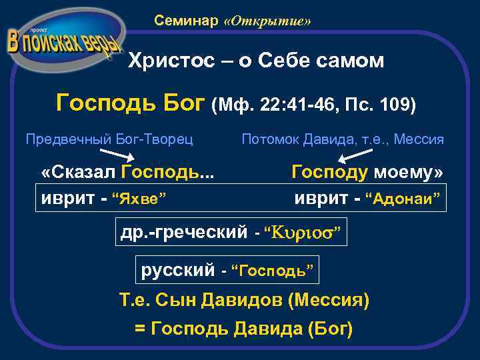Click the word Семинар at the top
pos(186,21)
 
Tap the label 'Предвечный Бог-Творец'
pos(109,139)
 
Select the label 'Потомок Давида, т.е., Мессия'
pos(343,139)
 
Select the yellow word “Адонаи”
pos(405,199)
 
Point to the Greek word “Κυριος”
pos(304,232)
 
